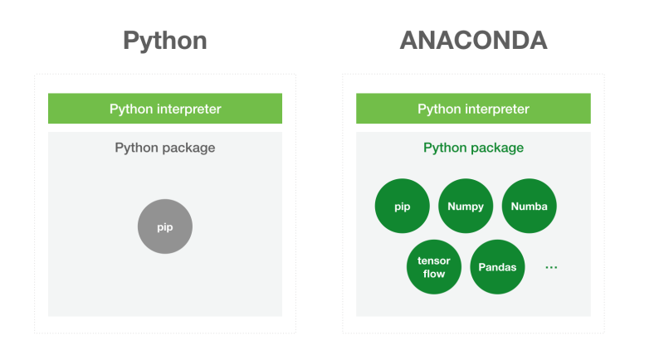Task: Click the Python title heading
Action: click(x=164, y=41)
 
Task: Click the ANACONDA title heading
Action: click(x=473, y=41)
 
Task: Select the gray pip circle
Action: click(x=164, y=226)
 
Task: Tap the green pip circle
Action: click(x=402, y=207)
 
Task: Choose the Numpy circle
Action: click(x=465, y=207)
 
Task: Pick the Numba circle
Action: click(x=529, y=207)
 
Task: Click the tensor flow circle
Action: click(x=434, y=267)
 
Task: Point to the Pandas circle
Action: click(x=497, y=267)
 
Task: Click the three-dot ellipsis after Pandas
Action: click(x=551, y=267)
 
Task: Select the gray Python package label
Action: click(x=164, y=148)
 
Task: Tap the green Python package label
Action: click(x=473, y=148)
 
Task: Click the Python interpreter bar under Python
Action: click(x=164, y=109)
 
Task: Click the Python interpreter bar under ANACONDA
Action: click(x=473, y=109)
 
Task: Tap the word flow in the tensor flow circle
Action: click(x=434, y=274)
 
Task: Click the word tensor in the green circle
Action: click(x=434, y=261)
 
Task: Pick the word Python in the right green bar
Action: click(x=437, y=109)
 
